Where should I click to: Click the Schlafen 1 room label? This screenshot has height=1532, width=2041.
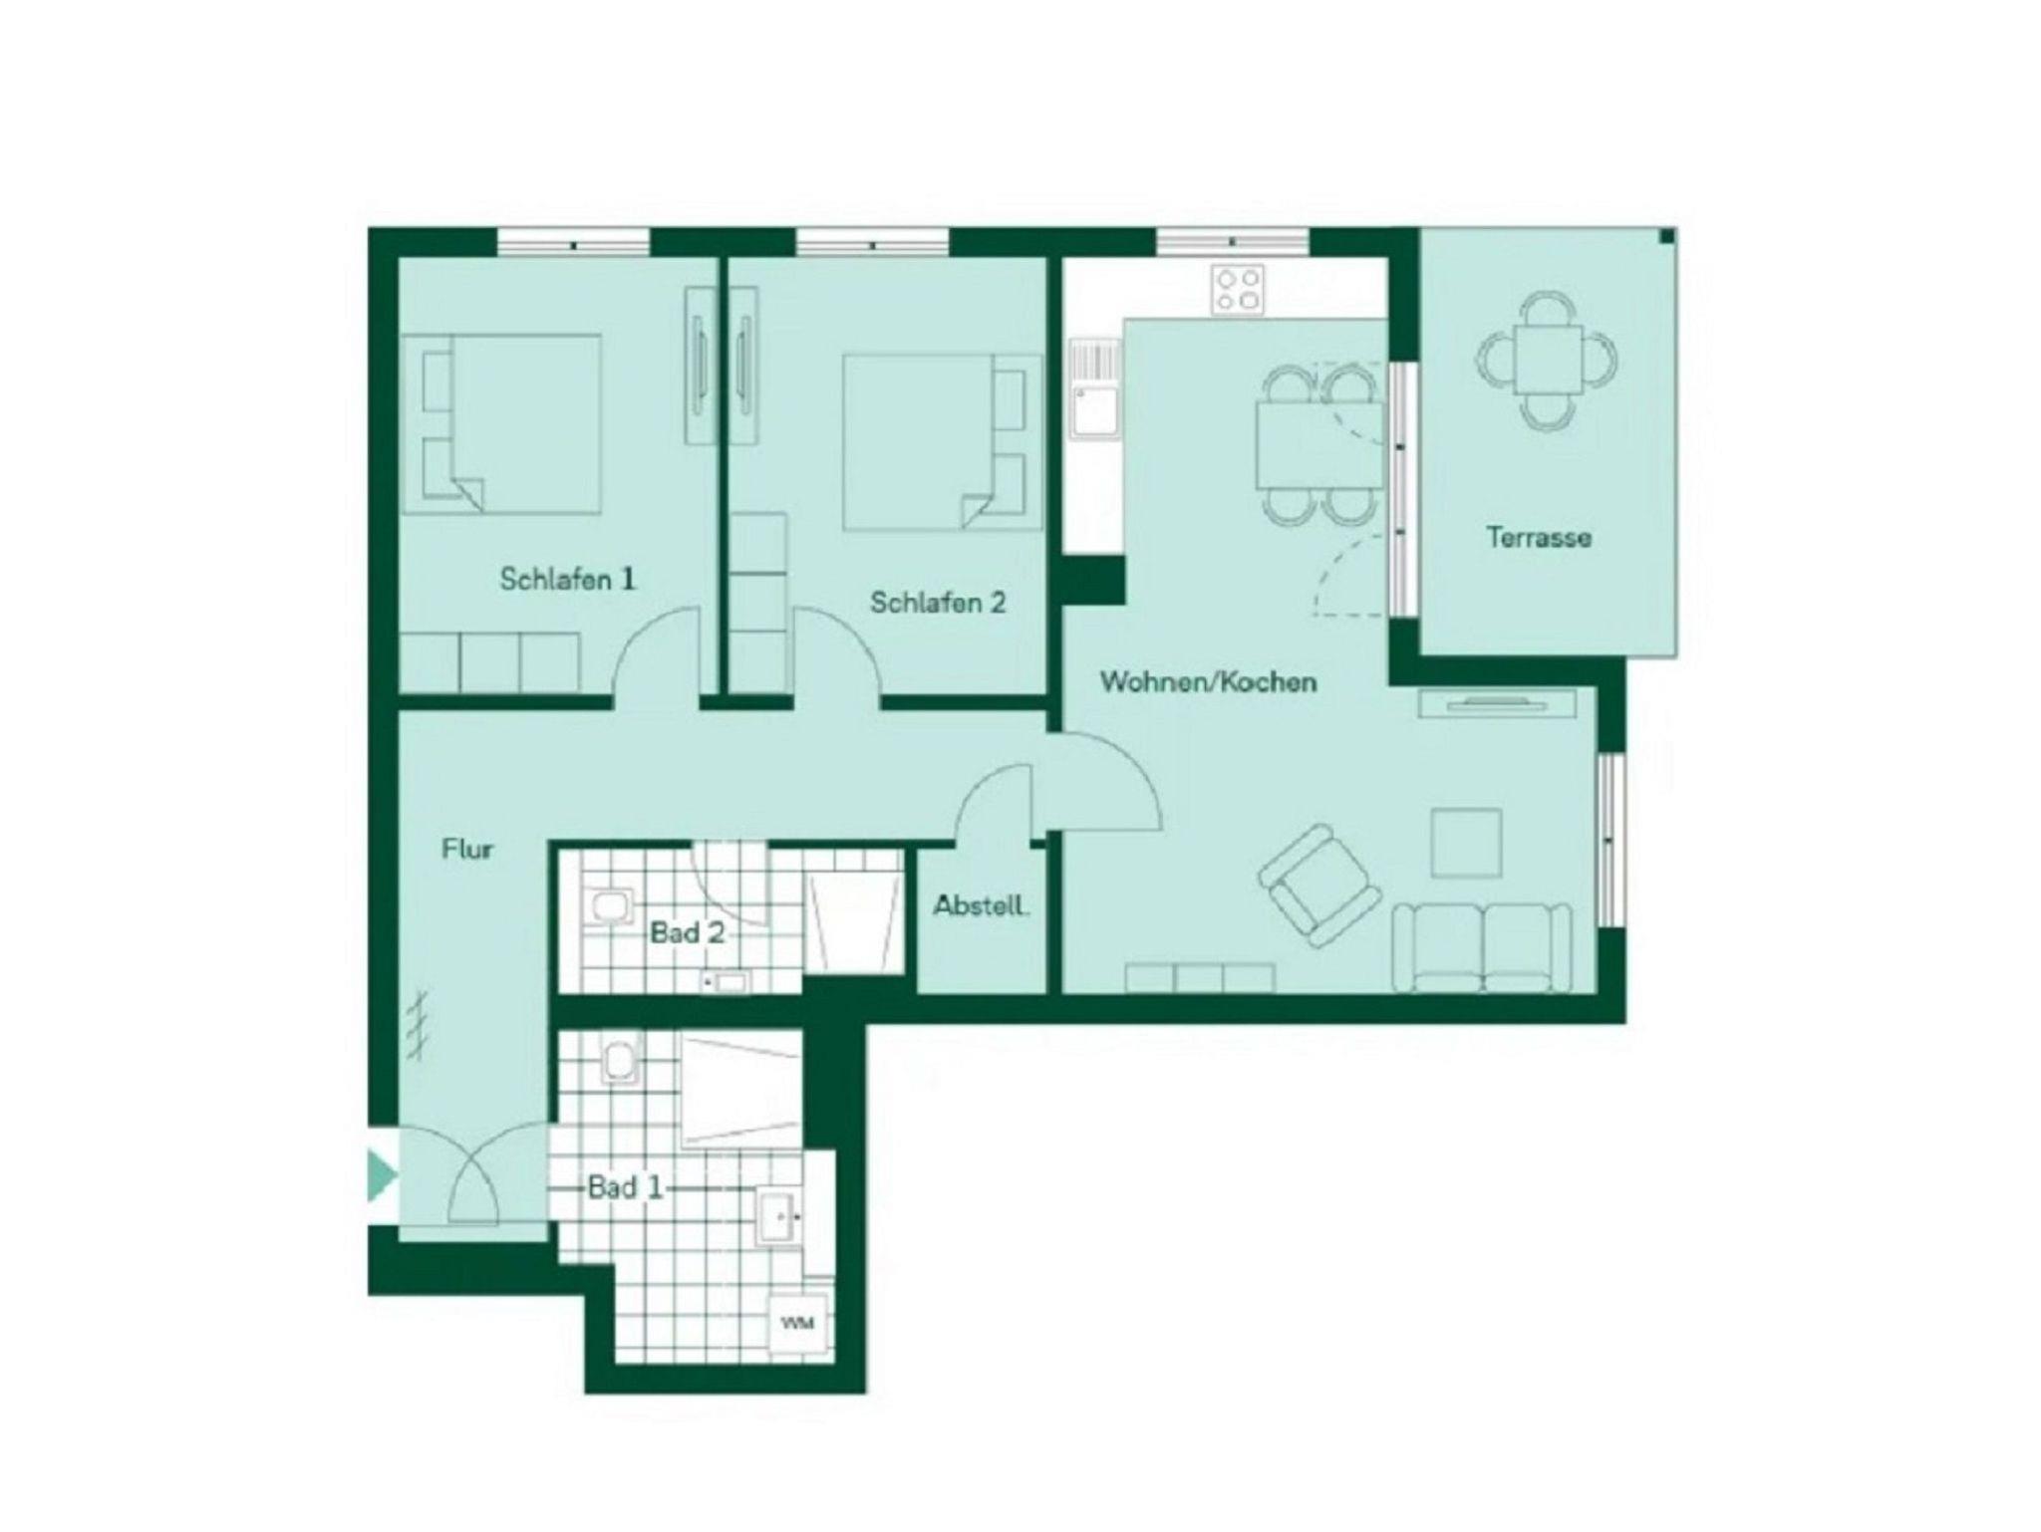point(567,579)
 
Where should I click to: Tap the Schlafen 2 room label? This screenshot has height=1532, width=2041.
point(938,602)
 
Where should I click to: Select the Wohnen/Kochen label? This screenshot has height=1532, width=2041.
point(1208,682)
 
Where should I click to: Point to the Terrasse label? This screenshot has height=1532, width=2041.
point(1539,537)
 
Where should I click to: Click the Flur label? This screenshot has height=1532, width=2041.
point(467,849)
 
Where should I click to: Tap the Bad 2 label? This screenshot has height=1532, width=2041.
point(687,933)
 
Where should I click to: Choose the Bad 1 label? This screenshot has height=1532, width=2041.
point(625,1187)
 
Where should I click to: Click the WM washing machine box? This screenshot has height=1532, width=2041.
point(797,1324)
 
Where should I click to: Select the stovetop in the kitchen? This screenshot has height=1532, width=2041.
point(1238,290)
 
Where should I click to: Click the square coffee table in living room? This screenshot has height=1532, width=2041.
point(1466,843)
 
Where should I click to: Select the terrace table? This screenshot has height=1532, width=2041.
point(1546,361)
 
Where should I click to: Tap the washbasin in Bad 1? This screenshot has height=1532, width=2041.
point(778,1215)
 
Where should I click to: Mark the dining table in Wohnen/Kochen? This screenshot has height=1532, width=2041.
point(1319,445)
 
